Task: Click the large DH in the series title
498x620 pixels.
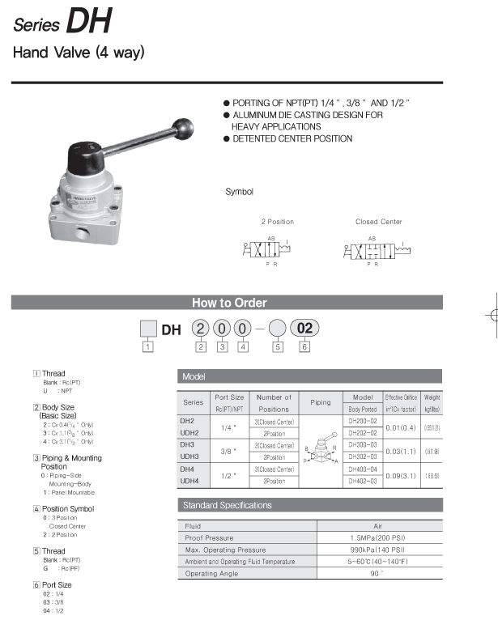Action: click(x=89, y=23)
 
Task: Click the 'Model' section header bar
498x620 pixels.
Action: click(x=310, y=376)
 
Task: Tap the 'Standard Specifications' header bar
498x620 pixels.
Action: click(x=310, y=505)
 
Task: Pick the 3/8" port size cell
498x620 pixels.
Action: click(x=228, y=451)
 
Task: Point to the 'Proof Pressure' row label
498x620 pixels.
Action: click(x=209, y=537)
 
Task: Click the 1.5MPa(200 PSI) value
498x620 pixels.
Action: click(x=377, y=537)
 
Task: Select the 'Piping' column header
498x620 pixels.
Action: click(x=321, y=402)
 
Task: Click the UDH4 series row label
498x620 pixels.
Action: click(x=189, y=481)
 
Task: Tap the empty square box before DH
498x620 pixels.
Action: click(x=149, y=329)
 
